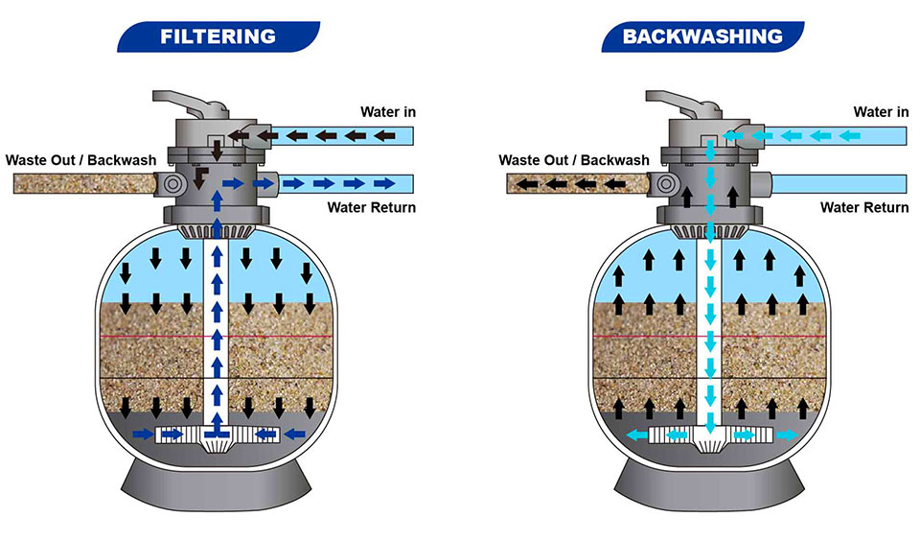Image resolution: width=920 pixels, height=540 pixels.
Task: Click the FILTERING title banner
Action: coord(218,36)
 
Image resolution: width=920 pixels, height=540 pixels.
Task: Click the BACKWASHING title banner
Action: coord(701,36)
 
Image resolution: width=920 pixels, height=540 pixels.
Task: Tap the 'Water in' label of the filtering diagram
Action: coord(387,112)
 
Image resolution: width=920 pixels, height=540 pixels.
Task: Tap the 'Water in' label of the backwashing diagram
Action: coord(881,112)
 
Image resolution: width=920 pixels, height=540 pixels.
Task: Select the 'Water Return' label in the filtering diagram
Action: coord(372,207)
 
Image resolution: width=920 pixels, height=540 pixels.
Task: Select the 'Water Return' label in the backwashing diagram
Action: coord(864,207)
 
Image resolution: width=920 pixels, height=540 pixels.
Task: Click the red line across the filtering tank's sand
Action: coord(144,337)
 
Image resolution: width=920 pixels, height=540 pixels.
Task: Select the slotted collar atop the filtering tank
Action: coord(218,230)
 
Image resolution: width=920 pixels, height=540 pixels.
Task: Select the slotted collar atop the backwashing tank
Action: coord(710,230)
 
